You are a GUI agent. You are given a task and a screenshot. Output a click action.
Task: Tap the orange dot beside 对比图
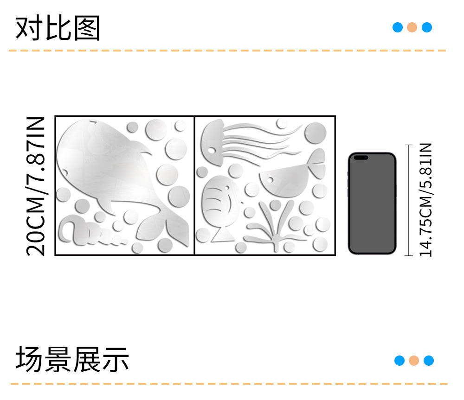tap(412, 27)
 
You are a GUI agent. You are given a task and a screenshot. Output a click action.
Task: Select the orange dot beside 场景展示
tap(414, 361)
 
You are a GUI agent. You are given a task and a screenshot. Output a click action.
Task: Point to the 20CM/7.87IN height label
tap(36, 185)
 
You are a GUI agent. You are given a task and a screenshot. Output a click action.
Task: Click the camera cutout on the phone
tap(361, 158)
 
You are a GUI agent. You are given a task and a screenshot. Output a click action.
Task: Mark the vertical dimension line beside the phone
tap(409, 200)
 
